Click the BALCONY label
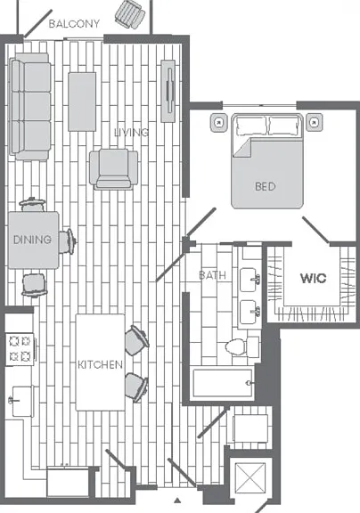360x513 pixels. [74, 23]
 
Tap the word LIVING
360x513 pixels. [131, 132]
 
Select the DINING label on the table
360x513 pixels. [32, 240]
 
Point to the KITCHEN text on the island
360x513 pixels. [100, 364]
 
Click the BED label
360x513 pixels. [265, 186]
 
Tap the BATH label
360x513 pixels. [212, 275]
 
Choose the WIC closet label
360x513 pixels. [313, 279]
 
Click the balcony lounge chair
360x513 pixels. [130, 15]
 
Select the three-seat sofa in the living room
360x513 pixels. [30, 107]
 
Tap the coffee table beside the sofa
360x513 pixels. [82, 102]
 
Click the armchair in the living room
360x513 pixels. [113, 169]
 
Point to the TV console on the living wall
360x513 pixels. [168, 91]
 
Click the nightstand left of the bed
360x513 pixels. [218, 123]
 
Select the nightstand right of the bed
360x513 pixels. [314, 123]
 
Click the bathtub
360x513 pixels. [223, 383]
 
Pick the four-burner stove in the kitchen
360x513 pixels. [20, 349]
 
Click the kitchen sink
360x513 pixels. [21, 401]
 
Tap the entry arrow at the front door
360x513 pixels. [177, 500]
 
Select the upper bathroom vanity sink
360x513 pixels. [250, 280]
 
